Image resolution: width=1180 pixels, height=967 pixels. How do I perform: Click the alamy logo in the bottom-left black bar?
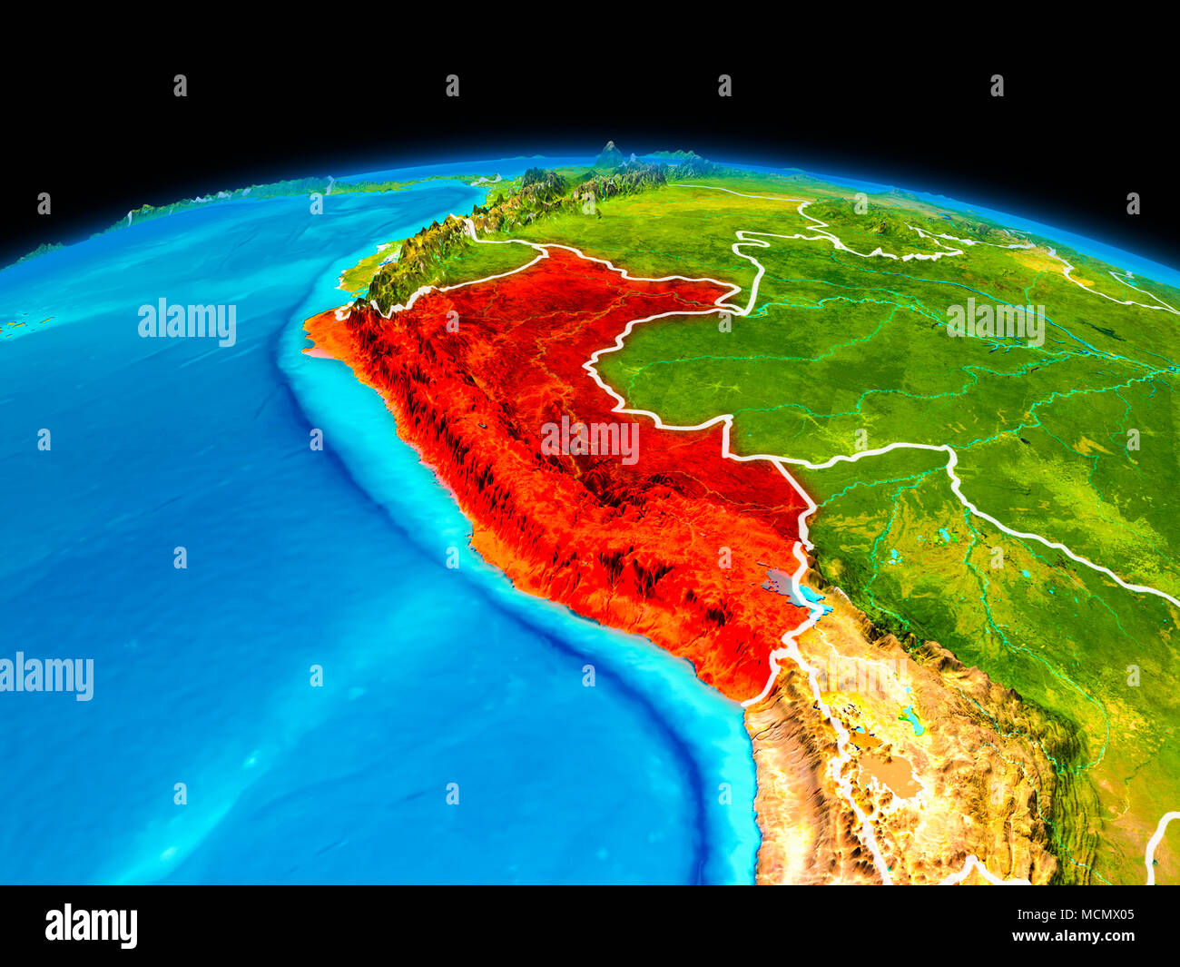tap(91, 926)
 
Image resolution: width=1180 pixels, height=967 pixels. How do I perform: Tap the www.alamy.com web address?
tap(1074, 936)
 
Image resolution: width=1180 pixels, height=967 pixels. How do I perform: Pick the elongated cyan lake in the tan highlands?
tap(911, 722)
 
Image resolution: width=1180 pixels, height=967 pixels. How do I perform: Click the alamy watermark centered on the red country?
tap(590, 440)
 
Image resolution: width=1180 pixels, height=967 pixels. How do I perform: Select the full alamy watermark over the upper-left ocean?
tap(187, 321)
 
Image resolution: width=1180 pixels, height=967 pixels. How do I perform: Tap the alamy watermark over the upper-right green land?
tap(995, 321)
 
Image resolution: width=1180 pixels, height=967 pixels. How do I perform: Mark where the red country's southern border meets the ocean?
tap(743, 702)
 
